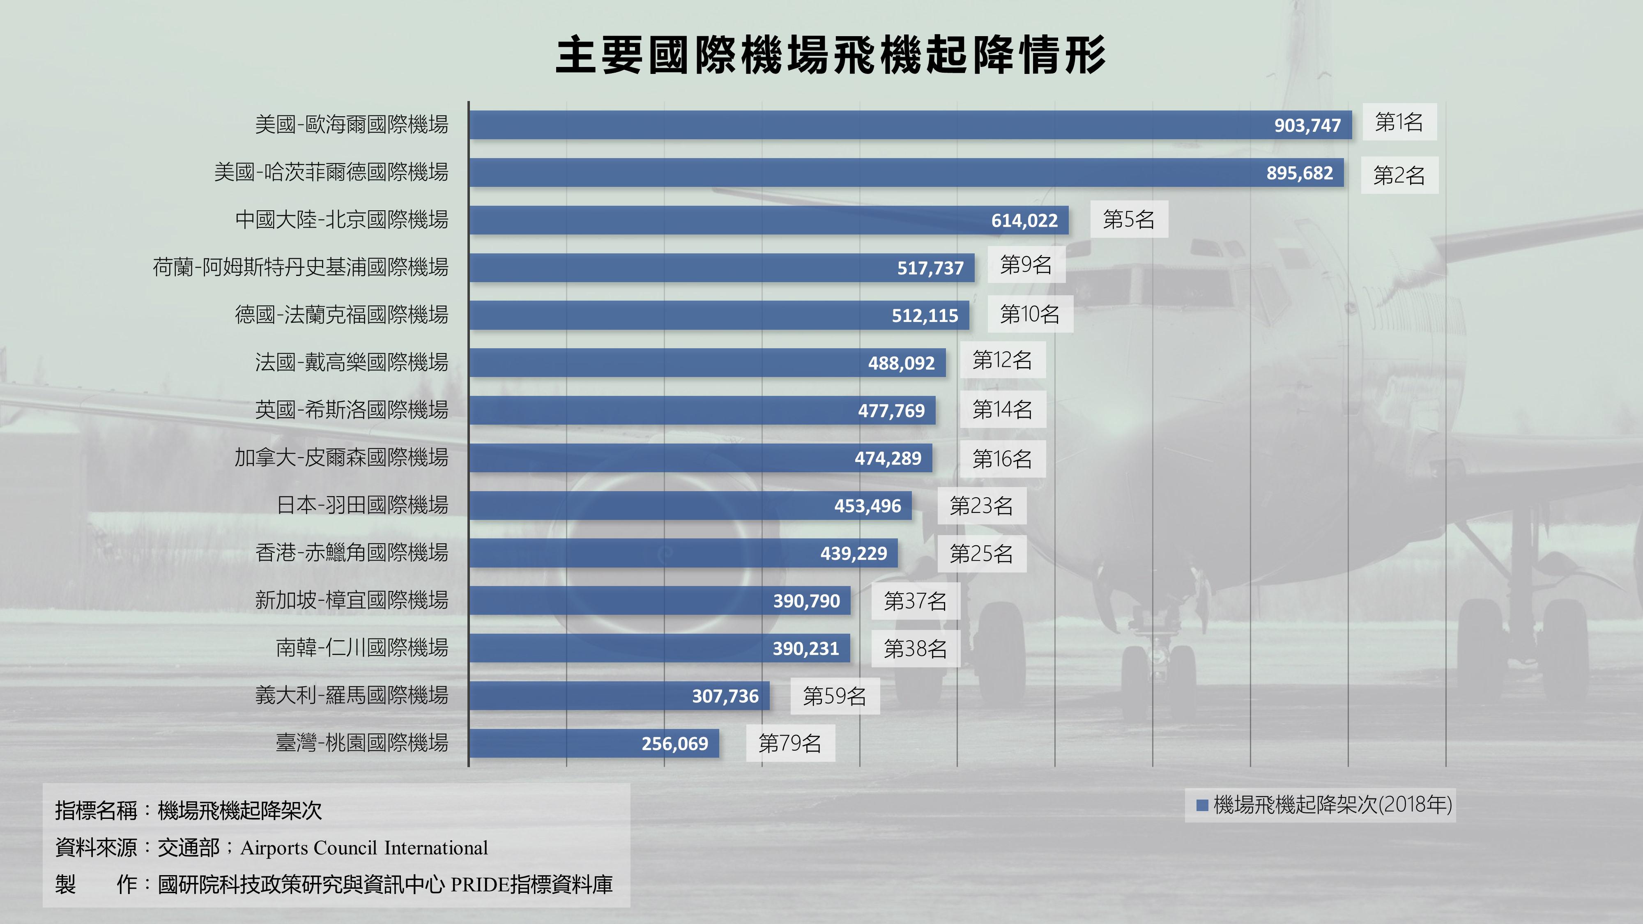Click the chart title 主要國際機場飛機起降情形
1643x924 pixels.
[831, 55]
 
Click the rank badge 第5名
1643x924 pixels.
[1128, 219]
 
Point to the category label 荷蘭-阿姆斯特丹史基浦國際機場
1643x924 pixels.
[300, 267]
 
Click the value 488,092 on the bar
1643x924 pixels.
[901, 363]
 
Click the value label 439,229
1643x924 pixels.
[854, 553]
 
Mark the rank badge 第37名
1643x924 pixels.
[915, 601]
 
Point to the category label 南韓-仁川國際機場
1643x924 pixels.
[361, 648]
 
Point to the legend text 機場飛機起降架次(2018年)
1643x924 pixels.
[1332, 805]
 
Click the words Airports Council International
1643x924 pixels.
[364, 848]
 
